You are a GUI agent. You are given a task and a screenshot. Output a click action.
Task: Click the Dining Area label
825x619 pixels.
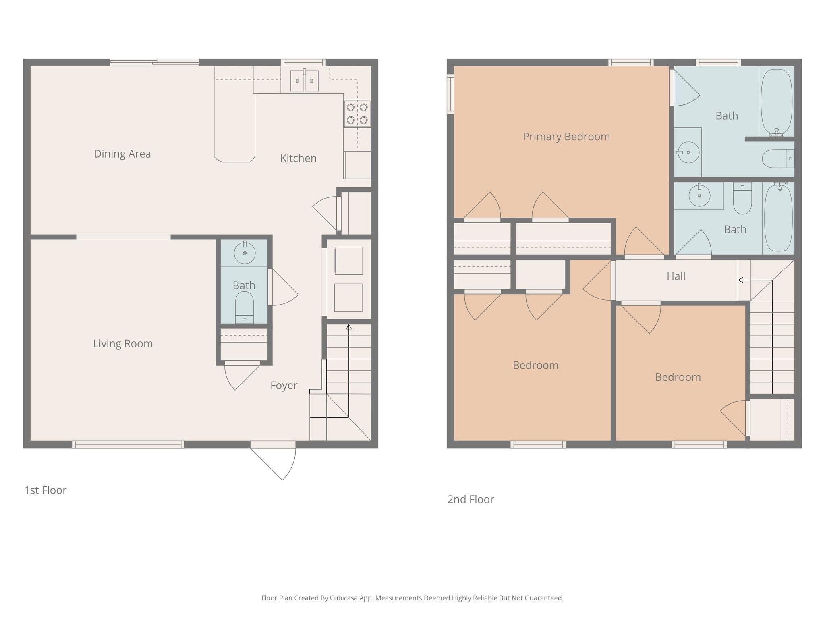click(x=122, y=154)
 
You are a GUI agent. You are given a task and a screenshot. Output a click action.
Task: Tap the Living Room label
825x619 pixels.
click(x=123, y=343)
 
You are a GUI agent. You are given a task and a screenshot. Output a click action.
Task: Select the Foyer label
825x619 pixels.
click(x=284, y=385)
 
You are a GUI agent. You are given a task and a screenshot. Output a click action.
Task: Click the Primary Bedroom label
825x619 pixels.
click(x=566, y=137)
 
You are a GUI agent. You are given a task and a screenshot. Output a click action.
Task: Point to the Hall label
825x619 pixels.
click(x=676, y=276)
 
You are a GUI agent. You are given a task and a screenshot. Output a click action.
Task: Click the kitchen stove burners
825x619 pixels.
click(x=357, y=114)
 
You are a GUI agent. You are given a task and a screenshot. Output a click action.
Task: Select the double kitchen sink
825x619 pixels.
click(x=304, y=81)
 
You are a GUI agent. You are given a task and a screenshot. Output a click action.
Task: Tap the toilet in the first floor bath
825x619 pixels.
click(x=244, y=306)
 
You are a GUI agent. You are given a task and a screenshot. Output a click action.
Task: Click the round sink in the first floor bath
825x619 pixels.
click(x=245, y=253)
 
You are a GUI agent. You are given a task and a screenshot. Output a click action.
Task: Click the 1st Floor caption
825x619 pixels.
click(x=45, y=490)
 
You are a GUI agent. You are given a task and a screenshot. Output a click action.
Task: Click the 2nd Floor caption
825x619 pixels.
click(x=471, y=499)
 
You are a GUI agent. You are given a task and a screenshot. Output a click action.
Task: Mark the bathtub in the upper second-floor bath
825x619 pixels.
click(x=776, y=102)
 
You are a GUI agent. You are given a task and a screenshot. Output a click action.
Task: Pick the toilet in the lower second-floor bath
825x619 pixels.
click(x=742, y=198)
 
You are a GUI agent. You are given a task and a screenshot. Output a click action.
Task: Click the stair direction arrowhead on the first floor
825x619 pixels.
click(x=348, y=327)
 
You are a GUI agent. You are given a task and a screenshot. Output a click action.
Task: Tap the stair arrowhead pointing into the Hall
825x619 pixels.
click(x=740, y=280)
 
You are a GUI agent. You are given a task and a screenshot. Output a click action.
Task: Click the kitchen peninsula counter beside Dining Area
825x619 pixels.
click(x=234, y=121)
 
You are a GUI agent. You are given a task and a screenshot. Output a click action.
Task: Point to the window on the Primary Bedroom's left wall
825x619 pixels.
click(x=450, y=94)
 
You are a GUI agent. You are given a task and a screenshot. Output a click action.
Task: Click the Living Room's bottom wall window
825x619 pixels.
click(x=128, y=444)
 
